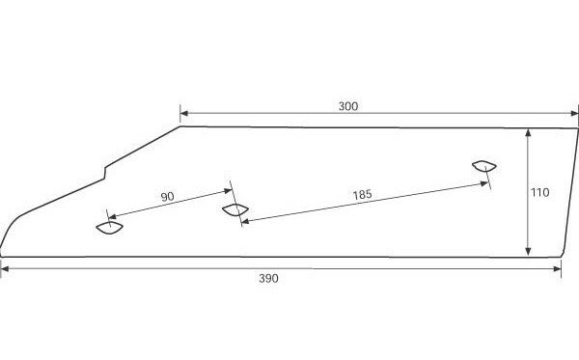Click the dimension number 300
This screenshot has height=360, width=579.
click(348, 106)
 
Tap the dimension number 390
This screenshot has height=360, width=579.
click(268, 278)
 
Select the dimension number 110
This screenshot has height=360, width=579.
click(539, 192)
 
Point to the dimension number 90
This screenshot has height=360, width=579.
click(167, 197)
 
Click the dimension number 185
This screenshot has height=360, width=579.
click(362, 195)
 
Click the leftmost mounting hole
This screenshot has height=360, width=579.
click(110, 229)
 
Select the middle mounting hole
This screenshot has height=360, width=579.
click(235, 209)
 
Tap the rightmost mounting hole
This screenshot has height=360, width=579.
click(484, 167)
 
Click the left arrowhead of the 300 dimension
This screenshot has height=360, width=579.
click(184, 113)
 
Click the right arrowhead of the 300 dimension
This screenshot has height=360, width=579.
click(574, 113)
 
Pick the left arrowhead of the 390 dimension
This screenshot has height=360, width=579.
click(5, 269)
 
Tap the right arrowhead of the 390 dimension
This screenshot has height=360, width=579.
click(557, 269)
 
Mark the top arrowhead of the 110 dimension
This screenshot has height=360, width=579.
click(528, 133)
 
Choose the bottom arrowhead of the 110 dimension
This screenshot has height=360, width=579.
click(528, 252)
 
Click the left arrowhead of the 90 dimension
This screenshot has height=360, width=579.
click(112, 217)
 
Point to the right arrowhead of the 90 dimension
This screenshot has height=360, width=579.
click(228, 191)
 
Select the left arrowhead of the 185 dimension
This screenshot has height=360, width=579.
click(245, 221)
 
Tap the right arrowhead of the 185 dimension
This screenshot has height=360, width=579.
click(484, 183)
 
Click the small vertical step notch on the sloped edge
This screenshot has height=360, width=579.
click(105, 174)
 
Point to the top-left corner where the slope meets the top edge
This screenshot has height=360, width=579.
click(180, 126)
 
